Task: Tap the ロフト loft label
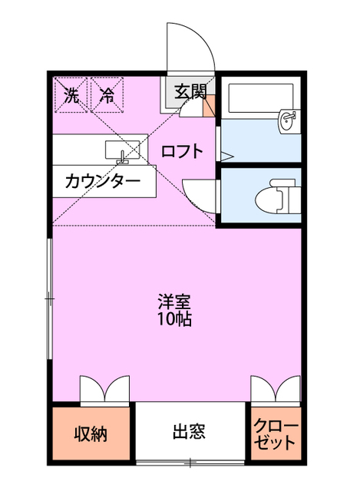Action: click(x=182, y=151)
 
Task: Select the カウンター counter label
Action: click(x=102, y=182)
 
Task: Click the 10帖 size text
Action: click(x=174, y=319)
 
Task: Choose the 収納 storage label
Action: click(x=91, y=434)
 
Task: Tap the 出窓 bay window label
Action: click(x=189, y=431)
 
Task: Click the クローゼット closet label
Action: click(x=276, y=434)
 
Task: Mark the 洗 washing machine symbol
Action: click(x=71, y=96)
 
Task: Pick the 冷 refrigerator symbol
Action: click(x=107, y=96)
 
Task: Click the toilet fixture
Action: click(x=275, y=196)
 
